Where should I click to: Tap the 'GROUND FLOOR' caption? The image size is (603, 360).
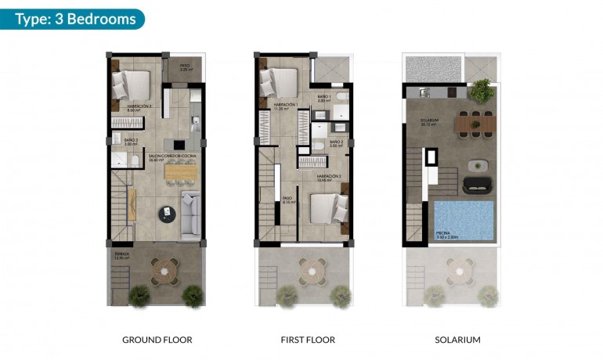click(x=157, y=340)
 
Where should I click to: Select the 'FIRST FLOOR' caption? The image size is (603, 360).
click(x=308, y=340)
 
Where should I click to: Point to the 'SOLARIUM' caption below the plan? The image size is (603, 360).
click(x=457, y=340)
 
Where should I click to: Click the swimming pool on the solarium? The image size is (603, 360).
click(x=464, y=218)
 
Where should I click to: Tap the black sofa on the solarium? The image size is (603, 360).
click(x=476, y=185)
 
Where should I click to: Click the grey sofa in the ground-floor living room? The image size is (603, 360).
click(x=190, y=214)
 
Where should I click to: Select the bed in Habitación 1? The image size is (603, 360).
click(x=278, y=81)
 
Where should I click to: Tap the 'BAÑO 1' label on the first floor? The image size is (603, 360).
click(x=324, y=97)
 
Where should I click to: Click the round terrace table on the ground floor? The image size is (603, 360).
click(x=166, y=271)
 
